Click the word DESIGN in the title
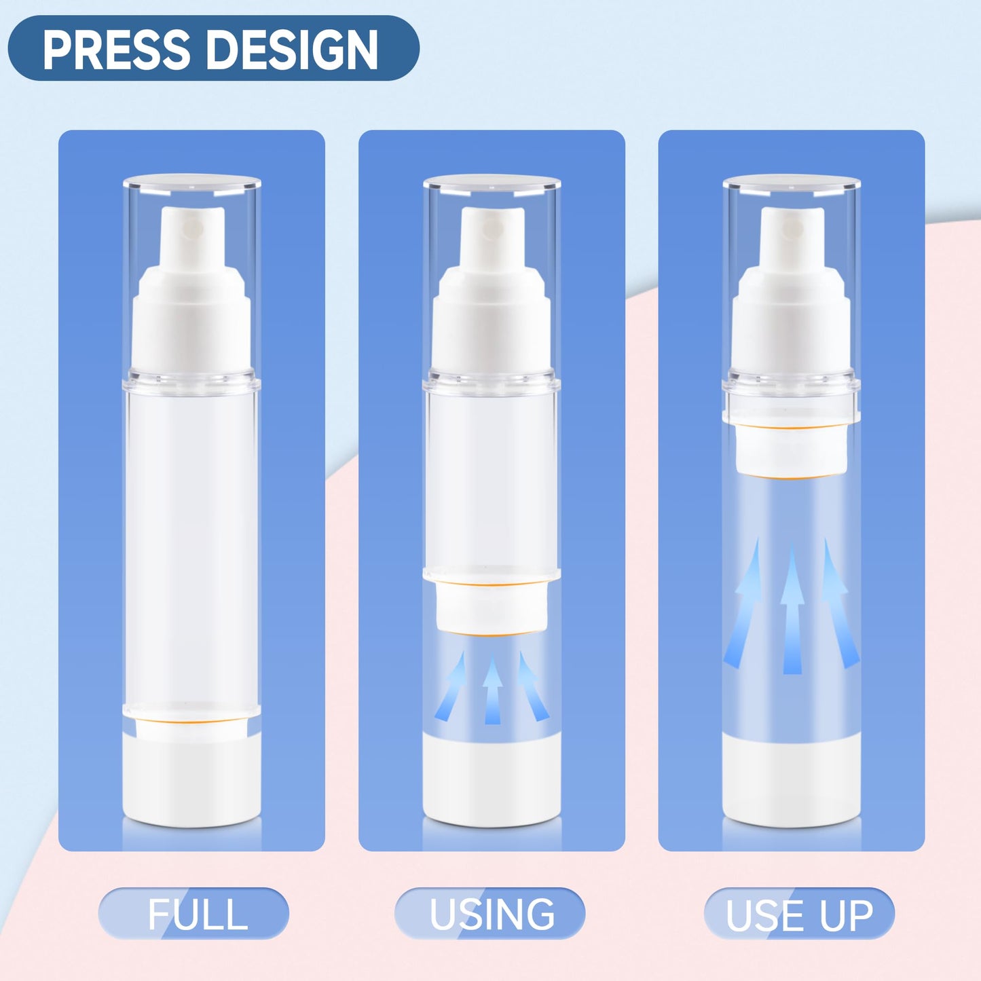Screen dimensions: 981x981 (x=293, y=50)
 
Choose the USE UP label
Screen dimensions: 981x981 (x=799, y=914)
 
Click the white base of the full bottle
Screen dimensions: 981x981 (x=192, y=781)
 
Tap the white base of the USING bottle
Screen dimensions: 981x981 (x=492, y=781)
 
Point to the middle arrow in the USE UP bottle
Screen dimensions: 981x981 (x=792, y=611)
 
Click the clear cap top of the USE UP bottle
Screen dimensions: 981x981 (x=792, y=182)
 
